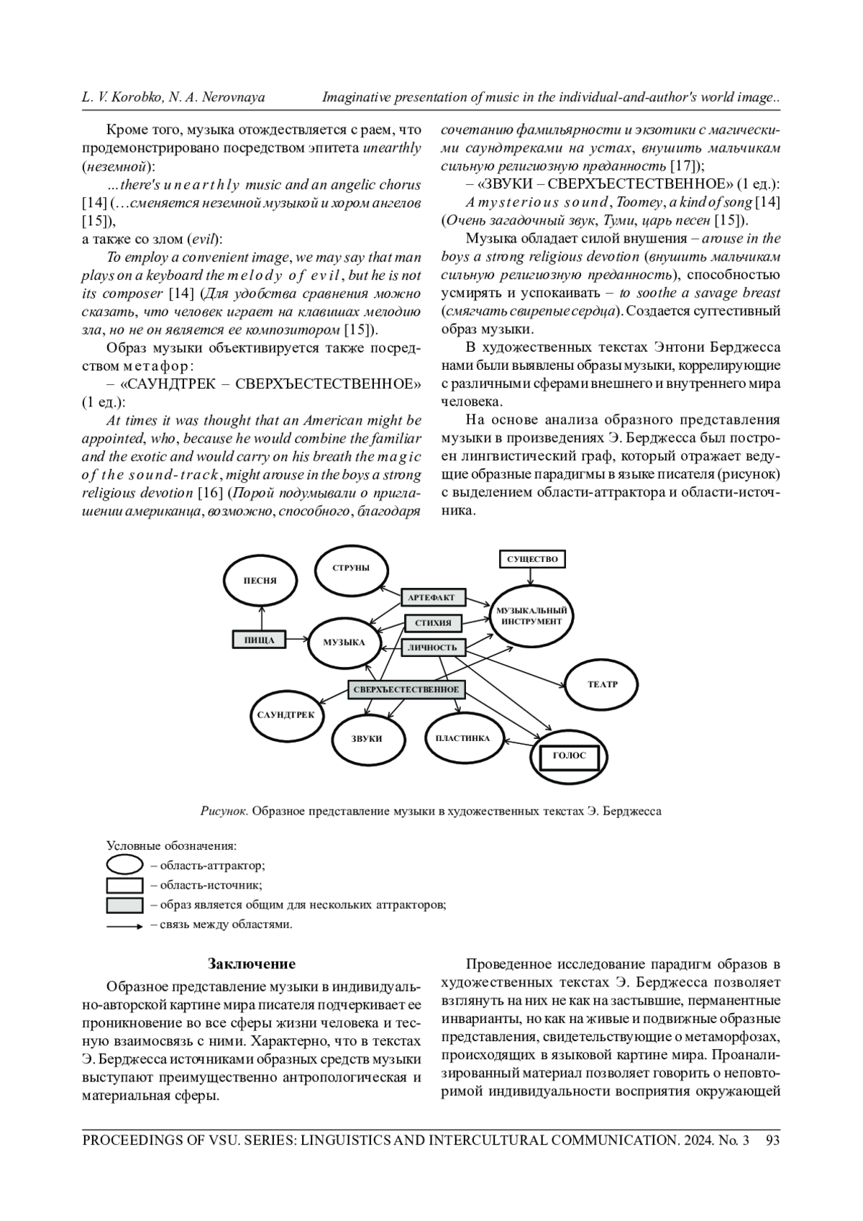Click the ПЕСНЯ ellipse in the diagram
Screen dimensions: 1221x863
[x=260, y=580]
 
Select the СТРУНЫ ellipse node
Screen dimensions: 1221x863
[x=352, y=568]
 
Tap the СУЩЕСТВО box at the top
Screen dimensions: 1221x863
[x=531, y=559]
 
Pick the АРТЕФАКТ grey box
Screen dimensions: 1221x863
[x=432, y=598]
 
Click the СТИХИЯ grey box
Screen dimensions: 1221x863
[x=434, y=622]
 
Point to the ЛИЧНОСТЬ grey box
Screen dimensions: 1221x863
[x=432, y=648]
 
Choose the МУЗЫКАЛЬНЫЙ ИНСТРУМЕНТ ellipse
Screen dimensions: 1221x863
[x=531, y=616]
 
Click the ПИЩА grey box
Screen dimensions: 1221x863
[x=259, y=640]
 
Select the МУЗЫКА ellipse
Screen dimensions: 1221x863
[x=344, y=643]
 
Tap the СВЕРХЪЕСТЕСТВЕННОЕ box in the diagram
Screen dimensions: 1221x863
[x=406, y=689]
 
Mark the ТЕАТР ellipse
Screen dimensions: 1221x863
[x=603, y=684]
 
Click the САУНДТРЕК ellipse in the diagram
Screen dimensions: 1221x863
[x=286, y=714]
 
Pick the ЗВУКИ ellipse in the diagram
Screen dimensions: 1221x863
[x=367, y=738]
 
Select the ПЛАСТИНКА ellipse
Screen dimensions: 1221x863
[x=462, y=737]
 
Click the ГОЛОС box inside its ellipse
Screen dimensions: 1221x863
[x=570, y=755]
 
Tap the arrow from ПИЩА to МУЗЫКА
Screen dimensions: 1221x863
[x=296, y=640]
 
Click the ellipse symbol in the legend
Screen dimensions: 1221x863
[x=124, y=866]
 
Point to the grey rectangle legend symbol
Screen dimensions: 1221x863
[x=124, y=905]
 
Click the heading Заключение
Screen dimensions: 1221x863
[x=252, y=963]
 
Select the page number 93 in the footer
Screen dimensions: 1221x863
[x=773, y=1140]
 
